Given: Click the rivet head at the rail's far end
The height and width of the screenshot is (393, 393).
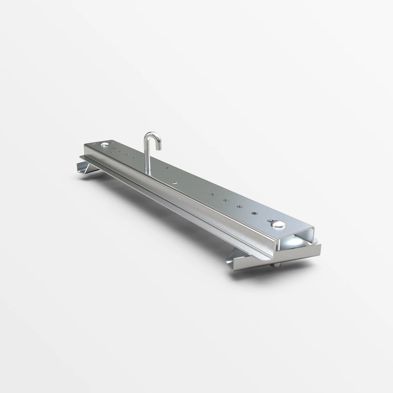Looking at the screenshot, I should click(x=106, y=146).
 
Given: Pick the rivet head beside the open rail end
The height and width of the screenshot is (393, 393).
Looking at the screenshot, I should click(x=279, y=225).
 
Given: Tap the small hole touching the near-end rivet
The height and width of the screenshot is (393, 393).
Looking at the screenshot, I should click(x=271, y=220).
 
